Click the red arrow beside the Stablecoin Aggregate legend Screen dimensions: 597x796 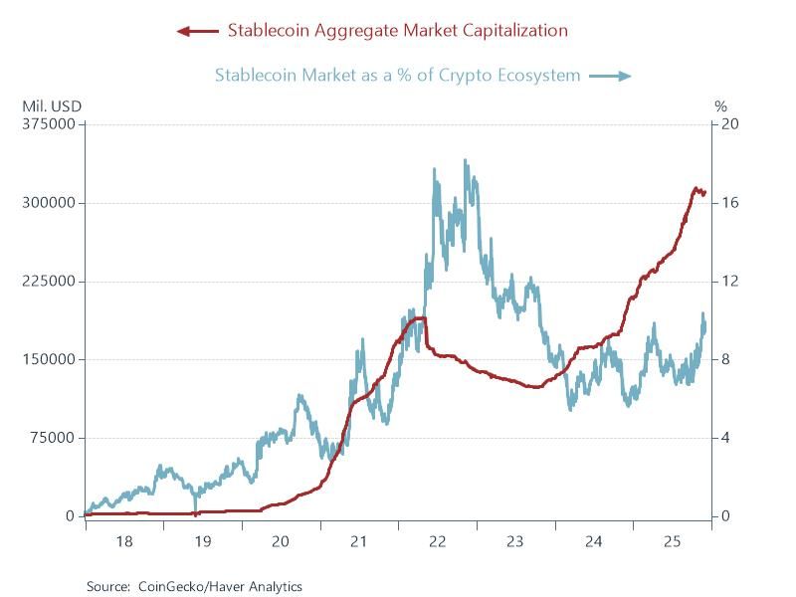pos(197,31)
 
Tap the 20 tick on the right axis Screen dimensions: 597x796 pos(728,124)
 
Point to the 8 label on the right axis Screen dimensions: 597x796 pos(725,359)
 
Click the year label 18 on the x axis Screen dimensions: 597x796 pos(123,542)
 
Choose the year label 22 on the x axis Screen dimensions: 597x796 pos(437,542)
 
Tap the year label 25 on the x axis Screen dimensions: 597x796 pos(672,542)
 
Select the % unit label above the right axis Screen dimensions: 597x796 pos(721,104)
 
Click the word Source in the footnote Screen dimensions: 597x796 pos(108,587)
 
